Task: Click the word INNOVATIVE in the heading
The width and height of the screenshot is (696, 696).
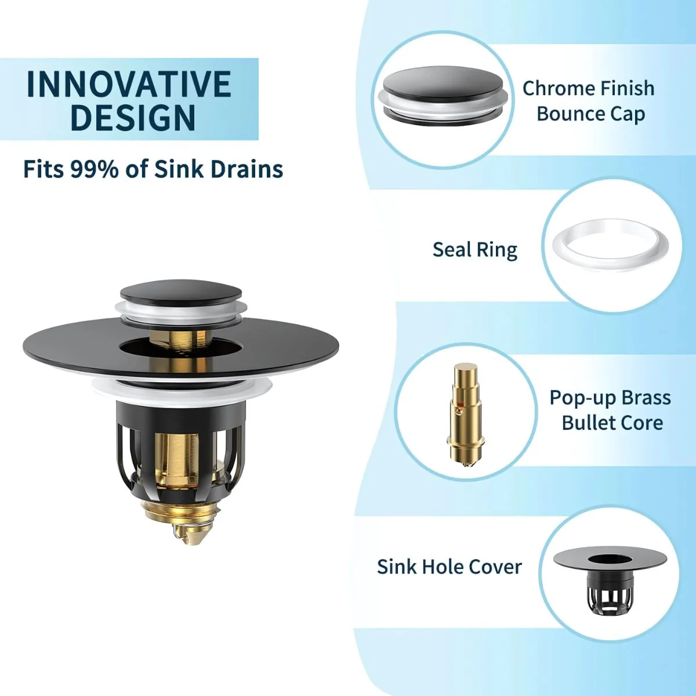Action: (x=129, y=84)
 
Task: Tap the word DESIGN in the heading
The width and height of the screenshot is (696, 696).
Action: (x=133, y=118)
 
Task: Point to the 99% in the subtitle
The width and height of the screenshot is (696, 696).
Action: (x=95, y=169)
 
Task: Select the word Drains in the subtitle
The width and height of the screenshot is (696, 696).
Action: (x=246, y=169)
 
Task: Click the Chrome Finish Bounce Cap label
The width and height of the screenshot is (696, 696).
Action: (x=588, y=101)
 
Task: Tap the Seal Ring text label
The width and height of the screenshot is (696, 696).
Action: (x=475, y=250)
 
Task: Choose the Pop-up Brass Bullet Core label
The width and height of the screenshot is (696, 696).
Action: (x=610, y=410)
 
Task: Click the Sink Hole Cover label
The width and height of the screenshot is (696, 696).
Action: (x=449, y=567)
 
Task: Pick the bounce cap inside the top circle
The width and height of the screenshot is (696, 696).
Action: (x=443, y=95)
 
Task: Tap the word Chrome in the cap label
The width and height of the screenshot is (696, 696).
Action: (x=553, y=89)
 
